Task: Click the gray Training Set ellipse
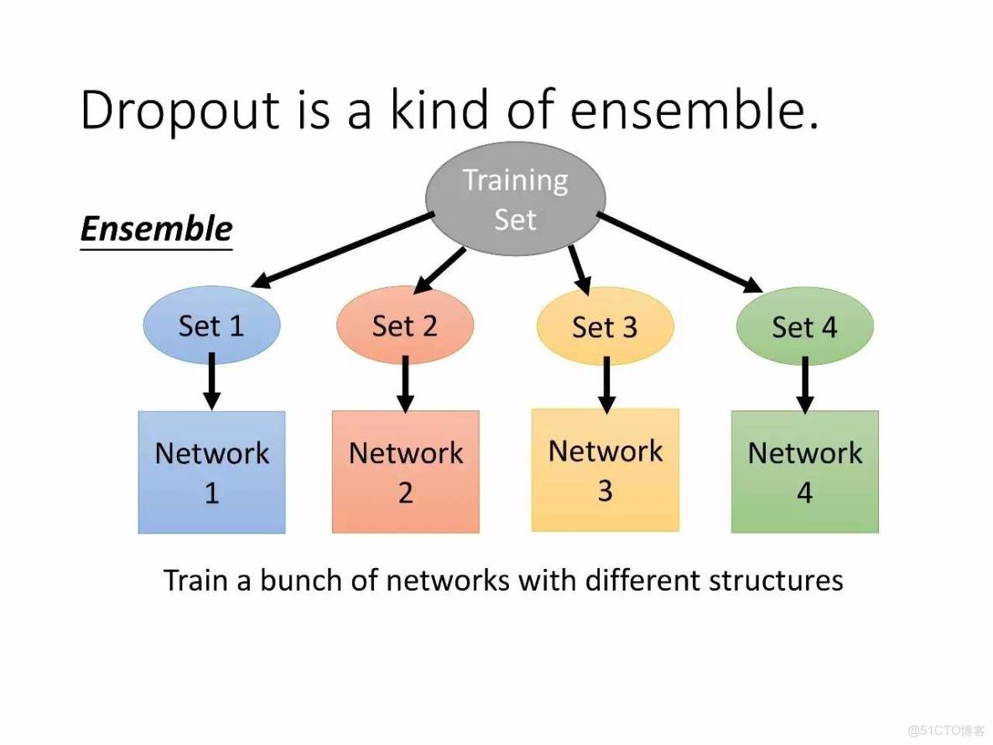tap(516, 199)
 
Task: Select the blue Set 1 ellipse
tap(211, 325)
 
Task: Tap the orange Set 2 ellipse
tap(405, 325)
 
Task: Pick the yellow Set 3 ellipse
tap(605, 326)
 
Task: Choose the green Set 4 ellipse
tap(805, 326)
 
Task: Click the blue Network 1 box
tap(211, 472)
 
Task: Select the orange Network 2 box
tap(406, 472)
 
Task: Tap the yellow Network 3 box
tap(606, 470)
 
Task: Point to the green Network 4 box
tap(805, 472)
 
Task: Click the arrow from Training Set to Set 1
tap(342, 250)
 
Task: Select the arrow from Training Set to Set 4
tap(679, 253)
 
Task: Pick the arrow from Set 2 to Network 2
tap(405, 383)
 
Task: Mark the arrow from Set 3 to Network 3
tap(606, 384)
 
